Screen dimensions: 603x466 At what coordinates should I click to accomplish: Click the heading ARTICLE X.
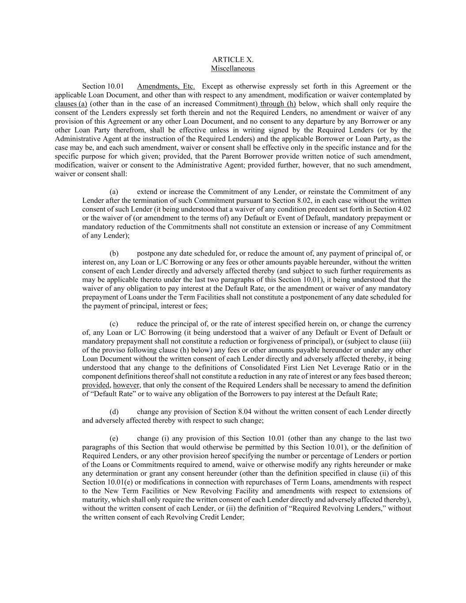click(x=233, y=60)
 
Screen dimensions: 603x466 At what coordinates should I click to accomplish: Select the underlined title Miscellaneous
click(x=233, y=68)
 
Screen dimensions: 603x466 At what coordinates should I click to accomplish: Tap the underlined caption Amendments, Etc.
click(x=166, y=86)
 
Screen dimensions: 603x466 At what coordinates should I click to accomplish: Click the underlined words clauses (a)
click(x=71, y=104)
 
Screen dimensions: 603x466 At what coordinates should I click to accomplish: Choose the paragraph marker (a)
click(x=114, y=192)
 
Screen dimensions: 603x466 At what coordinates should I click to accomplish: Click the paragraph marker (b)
click(x=114, y=254)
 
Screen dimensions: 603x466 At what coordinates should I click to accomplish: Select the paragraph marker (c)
click(x=114, y=324)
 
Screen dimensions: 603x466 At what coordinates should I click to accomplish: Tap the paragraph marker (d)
click(x=114, y=412)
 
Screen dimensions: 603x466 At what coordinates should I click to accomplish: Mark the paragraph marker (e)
click(x=114, y=439)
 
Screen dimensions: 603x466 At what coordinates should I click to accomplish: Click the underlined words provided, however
click(x=111, y=385)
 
